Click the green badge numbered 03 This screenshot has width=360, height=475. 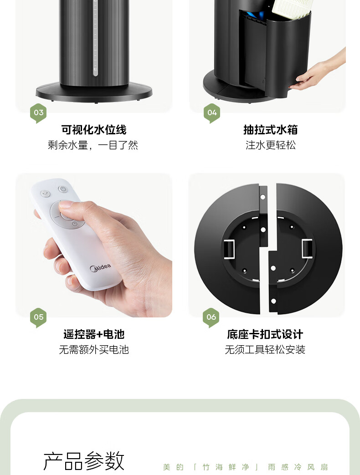click(x=38, y=113)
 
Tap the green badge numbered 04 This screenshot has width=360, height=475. click(x=212, y=113)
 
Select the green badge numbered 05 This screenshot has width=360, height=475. click(x=38, y=317)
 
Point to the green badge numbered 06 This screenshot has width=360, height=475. click(x=211, y=317)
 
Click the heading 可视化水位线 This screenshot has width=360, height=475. click(x=94, y=130)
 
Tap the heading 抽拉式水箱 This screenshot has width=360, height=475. click(x=271, y=130)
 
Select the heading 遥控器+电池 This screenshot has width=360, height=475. click(x=94, y=334)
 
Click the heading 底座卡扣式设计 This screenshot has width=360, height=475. click(x=265, y=334)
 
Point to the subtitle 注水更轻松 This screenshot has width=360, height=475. click(x=271, y=145)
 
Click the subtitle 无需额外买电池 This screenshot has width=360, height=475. click(x=94, y=350)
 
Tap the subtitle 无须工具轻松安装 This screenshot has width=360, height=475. click(x=265, y=350)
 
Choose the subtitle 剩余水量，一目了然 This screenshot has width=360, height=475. click(x=93, y=145)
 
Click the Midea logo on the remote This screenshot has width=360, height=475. click(x=100, y=268)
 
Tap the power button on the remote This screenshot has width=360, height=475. click(x=62, y=189)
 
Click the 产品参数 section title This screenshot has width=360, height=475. click(x=84, y=461)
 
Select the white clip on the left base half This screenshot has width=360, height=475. click(x=229, y=249)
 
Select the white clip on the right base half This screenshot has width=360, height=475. click(x=307, y=248)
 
